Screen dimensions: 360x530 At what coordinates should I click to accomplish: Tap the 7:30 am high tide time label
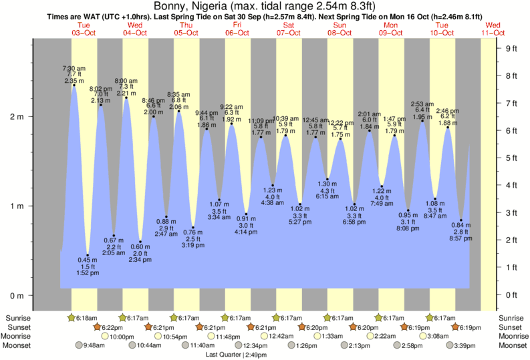click(74, 68)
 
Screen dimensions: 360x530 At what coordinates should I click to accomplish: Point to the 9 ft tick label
click(512, 48)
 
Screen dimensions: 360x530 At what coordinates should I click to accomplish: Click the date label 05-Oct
click(186, 33)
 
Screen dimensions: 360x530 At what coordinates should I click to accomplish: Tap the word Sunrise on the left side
click(18, 318)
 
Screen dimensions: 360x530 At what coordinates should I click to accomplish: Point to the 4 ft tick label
click(512, 185)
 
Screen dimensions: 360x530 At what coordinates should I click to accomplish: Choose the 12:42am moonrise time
click(282, 337)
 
